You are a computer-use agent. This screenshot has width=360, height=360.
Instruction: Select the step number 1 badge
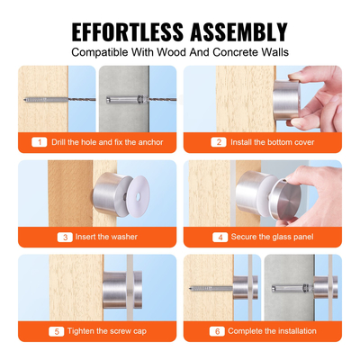tap(38, 142)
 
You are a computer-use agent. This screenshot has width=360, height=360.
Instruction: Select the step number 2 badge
tap(218, 142)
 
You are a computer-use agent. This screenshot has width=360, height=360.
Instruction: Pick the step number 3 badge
tap(64, 237)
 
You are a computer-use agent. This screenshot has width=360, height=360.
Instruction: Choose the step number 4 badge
tap(220, 237)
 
